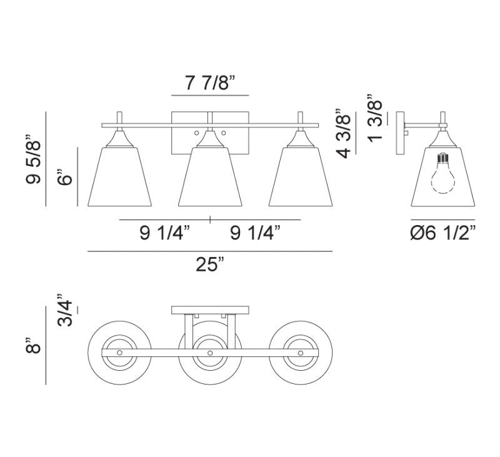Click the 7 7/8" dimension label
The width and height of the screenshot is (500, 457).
210,84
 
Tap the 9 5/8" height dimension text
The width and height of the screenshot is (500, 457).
34,159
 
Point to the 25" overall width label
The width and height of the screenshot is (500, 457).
210,264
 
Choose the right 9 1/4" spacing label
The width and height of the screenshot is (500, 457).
256,233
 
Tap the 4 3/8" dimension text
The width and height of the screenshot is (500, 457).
344,134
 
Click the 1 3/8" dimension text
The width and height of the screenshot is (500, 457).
375,118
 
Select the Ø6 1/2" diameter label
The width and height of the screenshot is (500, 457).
443,233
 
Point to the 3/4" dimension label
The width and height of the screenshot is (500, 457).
66,310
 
